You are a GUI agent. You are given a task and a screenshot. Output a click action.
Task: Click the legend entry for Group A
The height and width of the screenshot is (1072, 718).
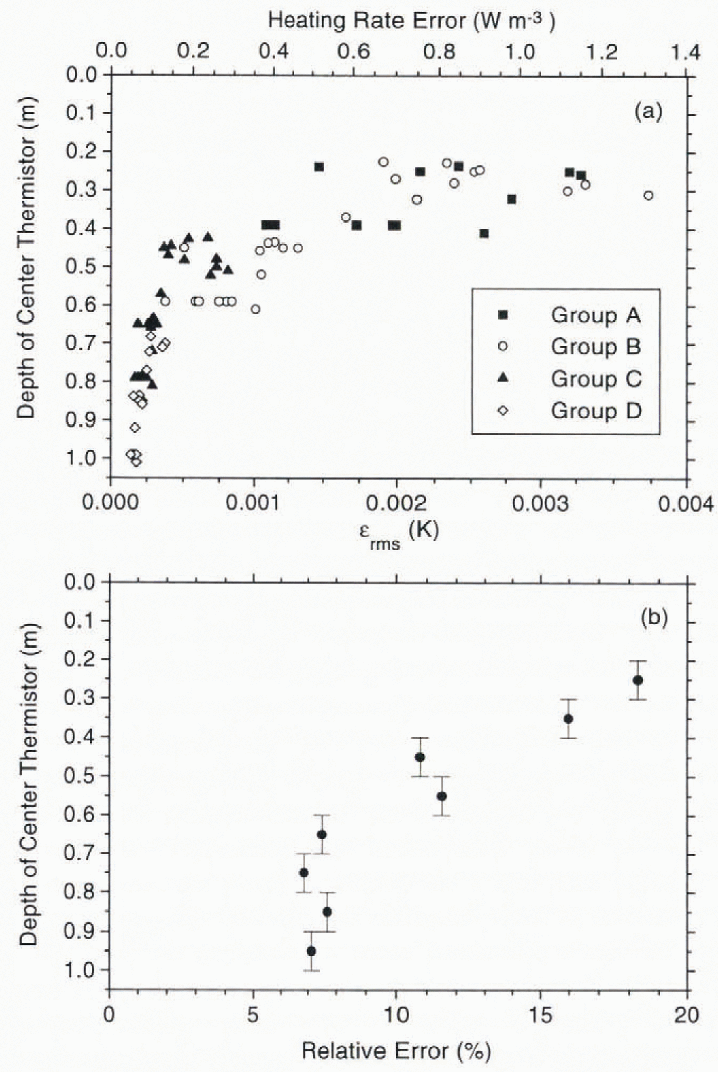pos(595,315)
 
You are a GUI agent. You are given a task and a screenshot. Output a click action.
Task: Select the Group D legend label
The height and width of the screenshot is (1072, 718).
pos(596,411)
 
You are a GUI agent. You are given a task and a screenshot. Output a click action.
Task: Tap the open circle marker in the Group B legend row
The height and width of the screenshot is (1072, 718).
pos(503,347)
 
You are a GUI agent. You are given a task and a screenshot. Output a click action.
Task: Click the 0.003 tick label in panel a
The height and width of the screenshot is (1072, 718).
pos(540,504)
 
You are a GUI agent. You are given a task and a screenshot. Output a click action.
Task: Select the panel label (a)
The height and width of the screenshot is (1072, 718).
pos(648,111)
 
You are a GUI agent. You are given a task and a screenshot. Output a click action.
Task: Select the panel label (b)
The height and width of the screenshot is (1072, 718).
pos(654,618)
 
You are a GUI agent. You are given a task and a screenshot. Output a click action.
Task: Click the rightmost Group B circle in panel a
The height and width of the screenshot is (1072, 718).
pos(648,195)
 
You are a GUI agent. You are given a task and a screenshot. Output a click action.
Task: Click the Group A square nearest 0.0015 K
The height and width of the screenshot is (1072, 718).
pos(319,167)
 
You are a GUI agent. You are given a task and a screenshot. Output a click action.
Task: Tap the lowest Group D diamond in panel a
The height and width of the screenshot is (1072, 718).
pos(136,462)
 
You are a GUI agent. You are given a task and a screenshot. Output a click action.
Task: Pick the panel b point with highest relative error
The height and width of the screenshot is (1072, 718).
pos(637,680)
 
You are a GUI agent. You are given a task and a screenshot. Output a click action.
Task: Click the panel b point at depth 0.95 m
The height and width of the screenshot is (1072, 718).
pos(311,951)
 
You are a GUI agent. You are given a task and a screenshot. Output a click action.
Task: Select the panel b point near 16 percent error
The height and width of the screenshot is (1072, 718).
pos(568,719)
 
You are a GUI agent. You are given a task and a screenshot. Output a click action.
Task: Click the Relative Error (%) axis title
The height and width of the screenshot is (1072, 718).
pos(396,1051)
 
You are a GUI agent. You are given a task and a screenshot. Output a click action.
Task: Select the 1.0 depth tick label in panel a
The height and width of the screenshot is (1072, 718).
pos(82,458)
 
